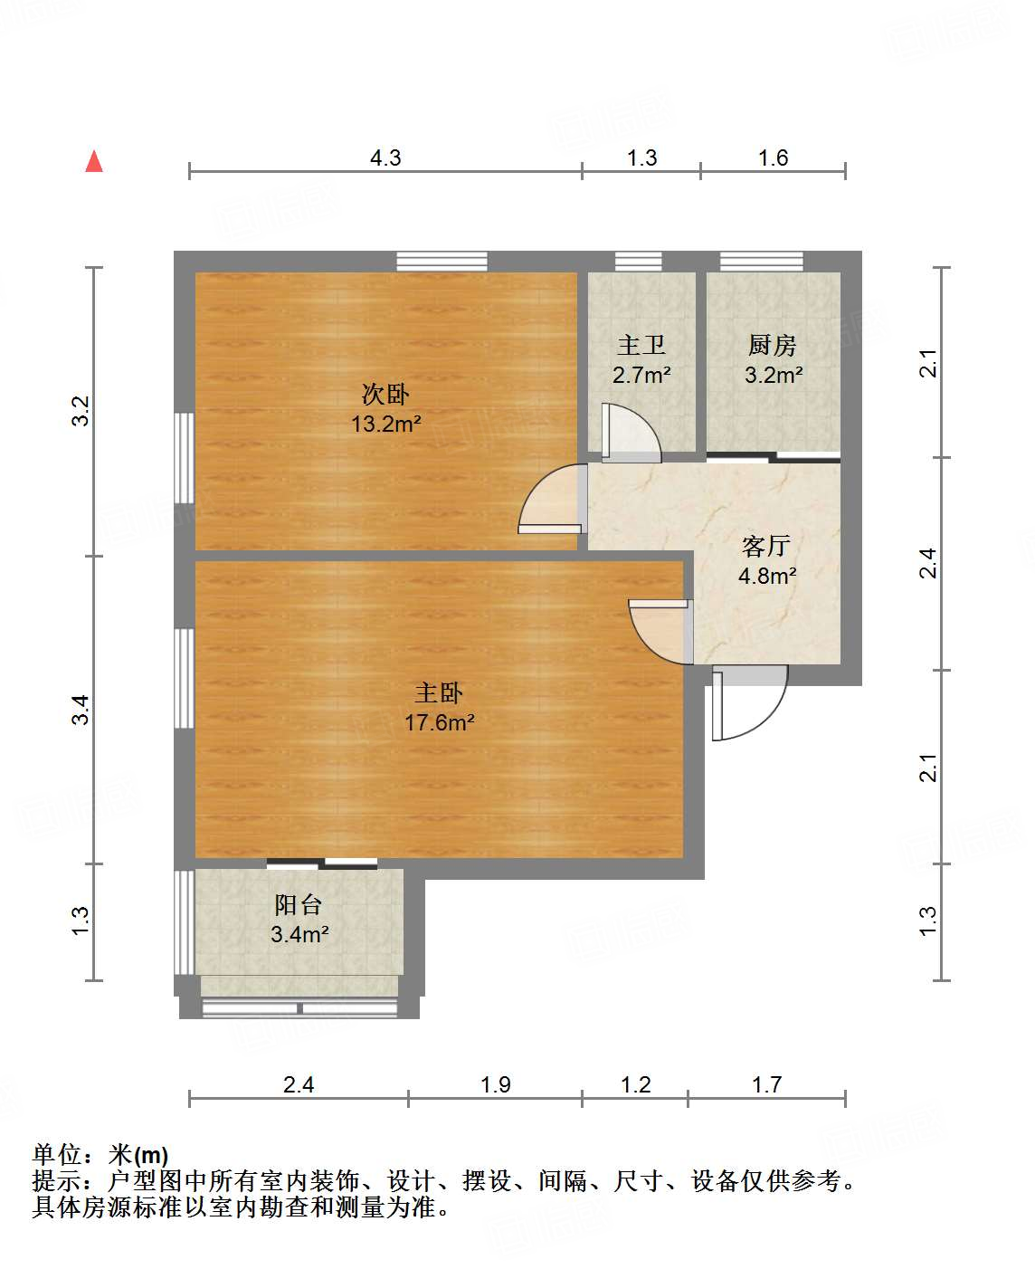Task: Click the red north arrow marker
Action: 94,161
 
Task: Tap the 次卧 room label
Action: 385,394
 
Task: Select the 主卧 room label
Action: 439,692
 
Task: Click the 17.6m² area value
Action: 440,722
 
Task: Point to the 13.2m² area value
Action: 386,423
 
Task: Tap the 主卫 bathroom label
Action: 641,345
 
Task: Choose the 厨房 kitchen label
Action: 773,345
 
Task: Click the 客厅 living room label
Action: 766,546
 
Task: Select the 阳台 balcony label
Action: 299,904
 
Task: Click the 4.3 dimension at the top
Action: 385,157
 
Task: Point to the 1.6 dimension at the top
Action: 773,157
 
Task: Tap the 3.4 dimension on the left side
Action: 81,709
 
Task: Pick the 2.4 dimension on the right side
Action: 928,563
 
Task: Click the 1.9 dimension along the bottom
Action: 496,1084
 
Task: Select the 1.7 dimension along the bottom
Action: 766,1084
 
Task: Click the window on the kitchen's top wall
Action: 761,261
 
